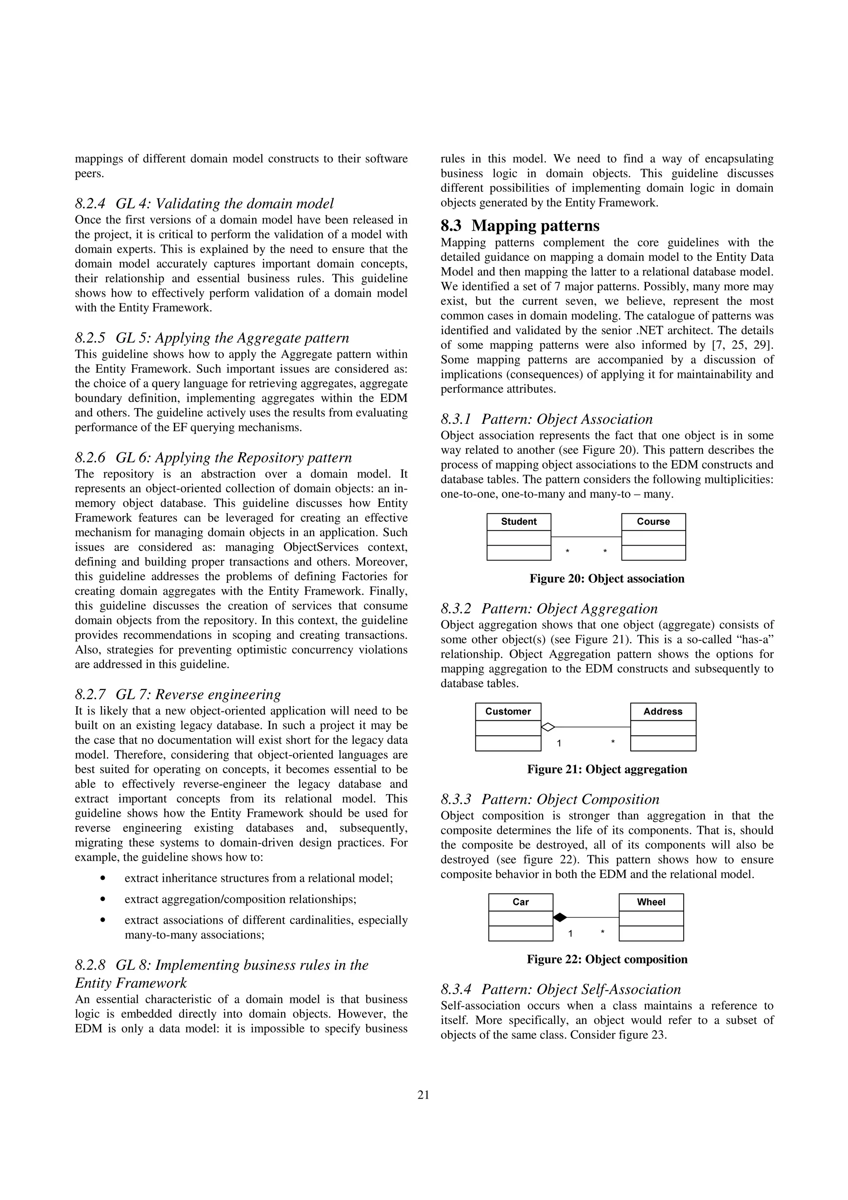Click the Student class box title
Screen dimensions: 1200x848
click(x=518, y=522)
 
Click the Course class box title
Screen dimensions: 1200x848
click(x=653, y=522)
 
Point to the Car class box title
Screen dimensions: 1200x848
click(x=520, y=902)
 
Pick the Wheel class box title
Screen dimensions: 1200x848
click(x=651, y=902)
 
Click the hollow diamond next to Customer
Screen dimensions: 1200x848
click(x=547, y=727)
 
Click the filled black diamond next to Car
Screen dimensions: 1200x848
click(x=559, y=917)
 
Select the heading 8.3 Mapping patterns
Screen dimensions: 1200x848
click(x=520, y=226)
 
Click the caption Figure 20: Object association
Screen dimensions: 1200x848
click(x=607, y=579)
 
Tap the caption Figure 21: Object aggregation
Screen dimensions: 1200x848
click(x=607, y=769)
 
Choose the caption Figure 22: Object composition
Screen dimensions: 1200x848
click(x=607, y=960)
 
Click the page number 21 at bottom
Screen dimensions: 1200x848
click(x=423, y=1095)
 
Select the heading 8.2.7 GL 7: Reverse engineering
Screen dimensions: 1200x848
click(x=178, y=695)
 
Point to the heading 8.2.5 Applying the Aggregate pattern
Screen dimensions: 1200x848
click(x=212, y=338)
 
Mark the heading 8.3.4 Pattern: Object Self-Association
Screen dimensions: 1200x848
click(x=561, y=990)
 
